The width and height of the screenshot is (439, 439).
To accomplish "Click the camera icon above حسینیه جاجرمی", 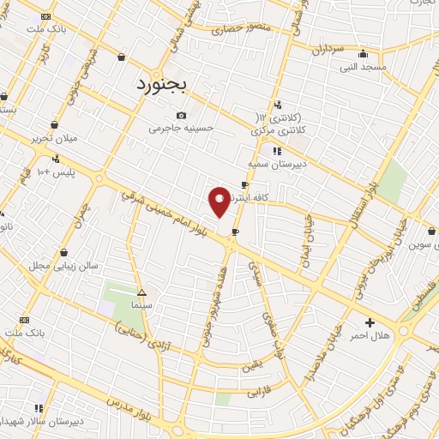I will [181, 116].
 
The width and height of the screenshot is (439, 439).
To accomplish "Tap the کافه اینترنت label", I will [268, 197].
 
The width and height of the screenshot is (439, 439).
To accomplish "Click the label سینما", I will [141, 304].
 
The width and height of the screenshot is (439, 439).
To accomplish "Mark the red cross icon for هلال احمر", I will [370, 322].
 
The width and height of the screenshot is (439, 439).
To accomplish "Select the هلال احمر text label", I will [370, 335].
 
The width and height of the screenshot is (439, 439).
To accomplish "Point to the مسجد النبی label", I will [363, 66].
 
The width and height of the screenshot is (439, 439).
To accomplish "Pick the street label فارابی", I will [259, 393].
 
